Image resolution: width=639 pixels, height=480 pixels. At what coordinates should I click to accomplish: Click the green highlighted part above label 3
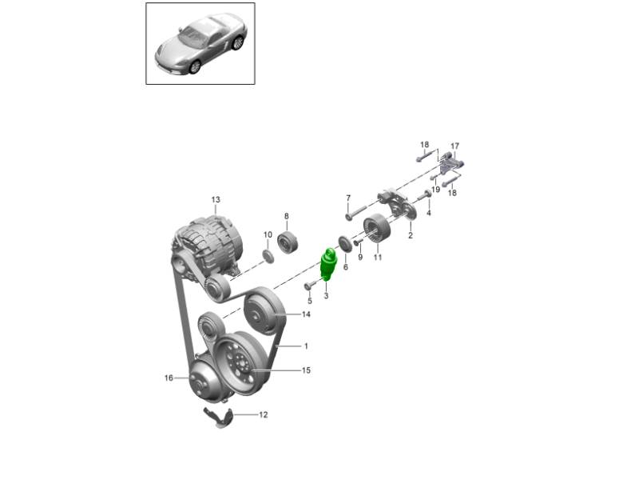click(329, 264)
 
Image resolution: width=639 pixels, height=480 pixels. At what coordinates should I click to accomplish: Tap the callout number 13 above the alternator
click(216, 199)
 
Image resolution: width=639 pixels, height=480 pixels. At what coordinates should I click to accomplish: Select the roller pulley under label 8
click(288, 242)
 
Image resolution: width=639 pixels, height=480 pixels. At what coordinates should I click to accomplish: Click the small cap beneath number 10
click(268, 257)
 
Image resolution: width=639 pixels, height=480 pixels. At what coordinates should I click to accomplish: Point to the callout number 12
click(264, 414)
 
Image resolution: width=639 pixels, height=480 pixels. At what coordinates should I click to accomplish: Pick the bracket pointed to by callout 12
click(218, 417)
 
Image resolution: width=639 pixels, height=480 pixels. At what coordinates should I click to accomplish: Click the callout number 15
click(306, 370)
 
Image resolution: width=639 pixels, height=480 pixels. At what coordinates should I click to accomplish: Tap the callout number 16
click(169, 378)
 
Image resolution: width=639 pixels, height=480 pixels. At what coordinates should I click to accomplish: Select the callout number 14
click(306, 314)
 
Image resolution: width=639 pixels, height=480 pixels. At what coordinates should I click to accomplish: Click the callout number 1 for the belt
click(306, 346)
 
